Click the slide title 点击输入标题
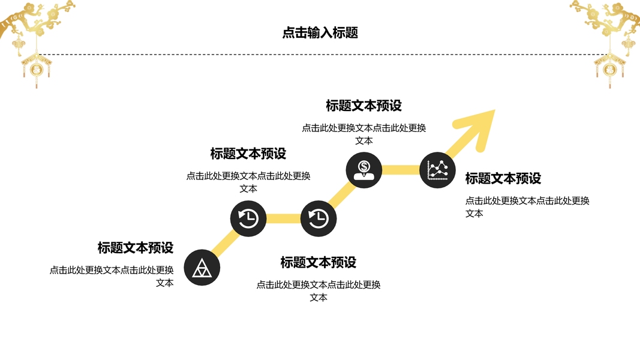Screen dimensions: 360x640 (x=320, y=33)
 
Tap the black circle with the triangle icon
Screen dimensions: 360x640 (x=202, y=268)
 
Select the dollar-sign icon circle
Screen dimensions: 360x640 (x=364, y=170)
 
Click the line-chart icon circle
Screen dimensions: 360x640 (x=437, y=170)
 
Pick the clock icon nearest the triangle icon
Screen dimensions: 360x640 (x=248, y=218)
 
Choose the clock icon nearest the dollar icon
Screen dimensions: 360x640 (x=319, y=218)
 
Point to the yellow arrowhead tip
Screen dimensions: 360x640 (x=493, y=112)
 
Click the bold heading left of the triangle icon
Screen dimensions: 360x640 (x=136, y=247)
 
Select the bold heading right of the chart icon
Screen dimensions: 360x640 (x=503, y=178)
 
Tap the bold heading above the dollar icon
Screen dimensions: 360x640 (x=364, y=106)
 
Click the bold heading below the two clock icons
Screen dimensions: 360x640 (x=319, y=262)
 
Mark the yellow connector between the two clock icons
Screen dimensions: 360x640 (x=283, y=218)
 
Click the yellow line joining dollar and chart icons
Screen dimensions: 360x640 (x=401, y=170)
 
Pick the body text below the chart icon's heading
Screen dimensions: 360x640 (x=527, y=206)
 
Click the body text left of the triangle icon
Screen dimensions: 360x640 (x=112, y=276)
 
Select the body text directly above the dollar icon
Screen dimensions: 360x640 (x=364, y=134)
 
